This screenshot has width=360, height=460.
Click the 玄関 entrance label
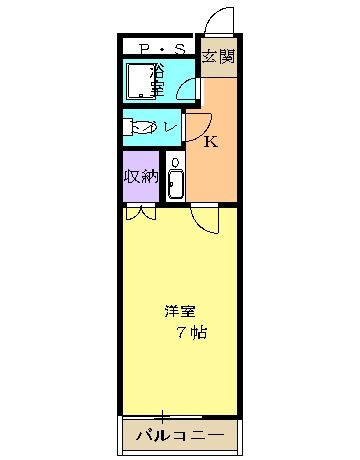click(219, 56)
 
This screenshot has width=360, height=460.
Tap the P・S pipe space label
click(162, 49)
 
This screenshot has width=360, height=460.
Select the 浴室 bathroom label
click(157, 80)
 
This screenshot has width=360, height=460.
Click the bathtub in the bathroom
click(141, 81)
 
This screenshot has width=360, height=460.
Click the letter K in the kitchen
click(211, 142)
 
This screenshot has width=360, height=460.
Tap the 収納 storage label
click(141, 176)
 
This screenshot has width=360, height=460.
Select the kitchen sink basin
click(175, 185)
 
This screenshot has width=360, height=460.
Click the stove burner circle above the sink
click(175, 162)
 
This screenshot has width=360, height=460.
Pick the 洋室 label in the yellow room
click(180, 311)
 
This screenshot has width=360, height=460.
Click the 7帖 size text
click(192, 332)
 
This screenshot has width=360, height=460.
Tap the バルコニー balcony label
click(180, 435)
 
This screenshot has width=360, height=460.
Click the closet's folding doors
click(141, 213)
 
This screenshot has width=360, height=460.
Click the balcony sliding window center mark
click(162, 416)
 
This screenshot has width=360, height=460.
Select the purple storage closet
click(141, 176)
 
